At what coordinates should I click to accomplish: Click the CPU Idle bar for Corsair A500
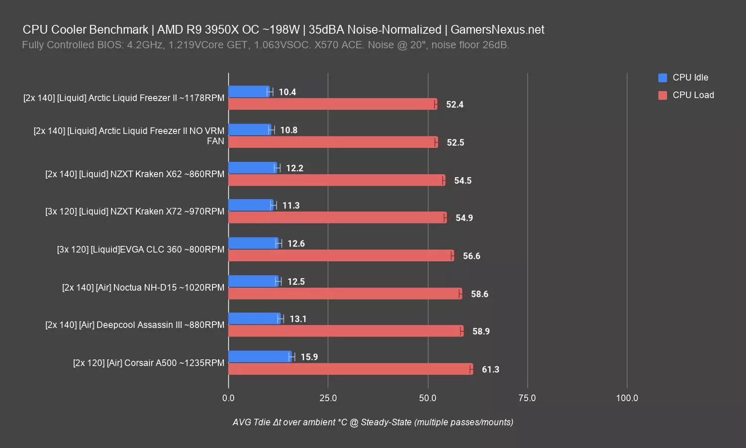[x=260, y=356]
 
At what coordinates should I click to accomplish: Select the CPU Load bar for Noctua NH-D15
[x=345, y=294]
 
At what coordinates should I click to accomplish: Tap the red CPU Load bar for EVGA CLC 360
[x=341, y=256]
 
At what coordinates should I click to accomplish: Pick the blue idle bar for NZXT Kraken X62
[x=252, y=168]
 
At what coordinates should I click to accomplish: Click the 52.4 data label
[x=455, y=105]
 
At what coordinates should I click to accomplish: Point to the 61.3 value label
[x=490, y=369]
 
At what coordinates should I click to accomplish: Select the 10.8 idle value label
[x=288, y=130]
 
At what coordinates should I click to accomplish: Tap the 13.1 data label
[x=298, y=319]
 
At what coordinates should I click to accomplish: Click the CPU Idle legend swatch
[x=662, y=78]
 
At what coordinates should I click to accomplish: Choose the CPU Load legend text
[x=693, y=95]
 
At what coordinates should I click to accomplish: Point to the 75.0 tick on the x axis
[x=527, y=398]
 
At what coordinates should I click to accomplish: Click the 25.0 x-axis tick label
[x=328, y=398]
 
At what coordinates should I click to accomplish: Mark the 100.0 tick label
[x=627, y=398]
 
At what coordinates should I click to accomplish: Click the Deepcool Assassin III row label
[x=134, y=325]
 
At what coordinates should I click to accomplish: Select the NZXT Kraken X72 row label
[x=134, y=211]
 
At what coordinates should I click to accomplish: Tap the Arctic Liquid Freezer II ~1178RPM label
[x=123, y=98]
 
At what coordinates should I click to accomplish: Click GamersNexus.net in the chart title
[x=497, y=29]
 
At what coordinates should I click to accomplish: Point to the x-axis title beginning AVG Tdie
[x=373, y=422]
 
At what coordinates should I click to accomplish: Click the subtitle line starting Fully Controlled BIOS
[x=265, y=45]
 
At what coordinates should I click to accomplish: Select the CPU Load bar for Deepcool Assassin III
[x=346, y=331]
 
